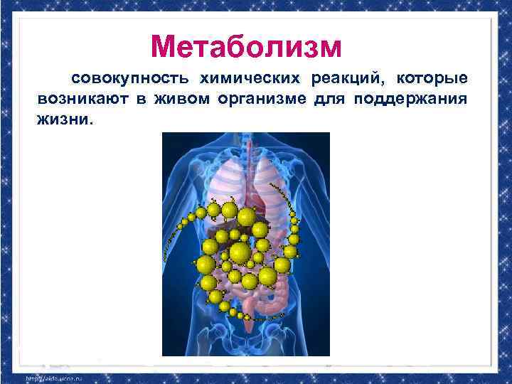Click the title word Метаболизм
246,47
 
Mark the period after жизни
90,123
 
